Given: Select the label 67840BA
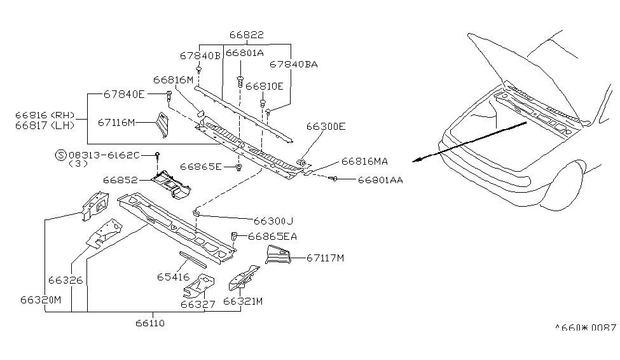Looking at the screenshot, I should (x=293, y=64).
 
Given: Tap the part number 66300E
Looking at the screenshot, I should (x=326, y=127).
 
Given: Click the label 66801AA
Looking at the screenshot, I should (x=380, y=181).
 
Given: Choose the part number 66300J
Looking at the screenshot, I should (x=273, y=221).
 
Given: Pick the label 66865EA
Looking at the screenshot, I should (x=272, y=237).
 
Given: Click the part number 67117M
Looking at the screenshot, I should (x=325, y=258).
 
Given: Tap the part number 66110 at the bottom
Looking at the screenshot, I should (x=149, y=323).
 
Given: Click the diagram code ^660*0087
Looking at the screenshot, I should (x=585, y=328).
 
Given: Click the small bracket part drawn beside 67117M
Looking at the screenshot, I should (x=278, y=256).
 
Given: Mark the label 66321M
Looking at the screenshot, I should (x=243, y=301).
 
